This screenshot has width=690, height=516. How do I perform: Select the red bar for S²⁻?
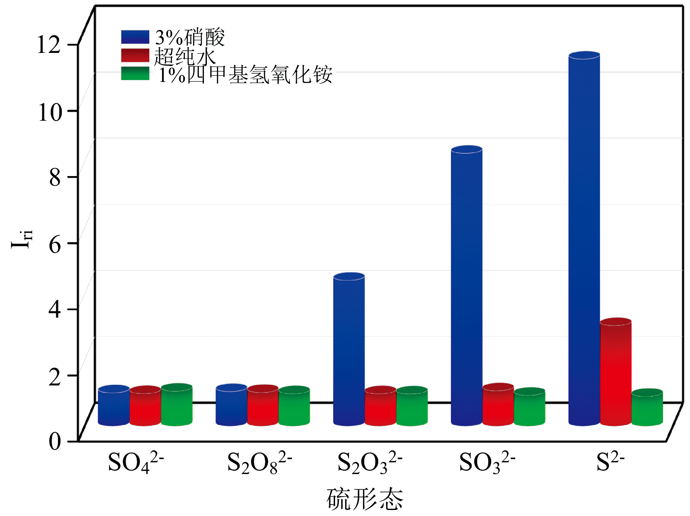pyautogui.click(x=616, y=373)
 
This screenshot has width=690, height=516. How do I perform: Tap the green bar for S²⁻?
pyautogui.click(x=647, y=408)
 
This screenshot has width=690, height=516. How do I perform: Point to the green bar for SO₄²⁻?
pyautogui.click(x=177, y=405)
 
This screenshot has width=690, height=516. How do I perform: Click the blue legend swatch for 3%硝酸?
pyautogui.click(x=135, y=37)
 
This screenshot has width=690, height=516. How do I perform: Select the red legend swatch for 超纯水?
pyautogui.click(x=135, y=55)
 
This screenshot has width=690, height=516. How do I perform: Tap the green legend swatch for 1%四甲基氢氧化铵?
pyautogui.click(x=135, y=74)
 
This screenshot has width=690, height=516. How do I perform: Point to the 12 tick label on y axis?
pyautogui.click(x=49, y=44)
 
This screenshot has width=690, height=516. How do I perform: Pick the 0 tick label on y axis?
pyautogui.click(x=55, y=441)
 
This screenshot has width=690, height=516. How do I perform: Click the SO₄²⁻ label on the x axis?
pyautogui.click(x=135, y=462)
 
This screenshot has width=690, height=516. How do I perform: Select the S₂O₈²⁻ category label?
pyautogui.click(x=259, y=462)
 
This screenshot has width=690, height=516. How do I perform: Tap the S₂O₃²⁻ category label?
pyautogui.click(x=369, y=462)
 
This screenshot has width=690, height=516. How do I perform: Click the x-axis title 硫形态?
pyautogui.click(x=365, y=499)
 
